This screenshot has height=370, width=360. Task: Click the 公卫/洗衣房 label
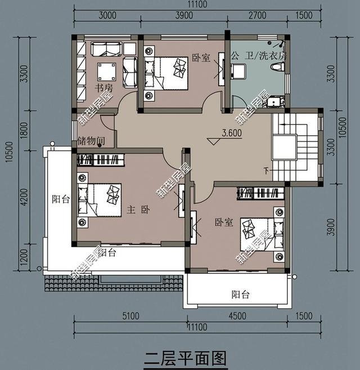pos(258,56)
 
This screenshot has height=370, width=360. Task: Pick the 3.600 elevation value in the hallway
pos(223,135)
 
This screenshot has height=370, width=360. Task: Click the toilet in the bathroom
pos(277,67)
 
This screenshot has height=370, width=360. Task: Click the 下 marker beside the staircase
pos(265,170)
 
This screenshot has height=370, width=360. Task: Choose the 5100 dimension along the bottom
pos(130,316)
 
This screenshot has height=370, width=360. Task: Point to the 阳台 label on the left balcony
pos(61,199)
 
